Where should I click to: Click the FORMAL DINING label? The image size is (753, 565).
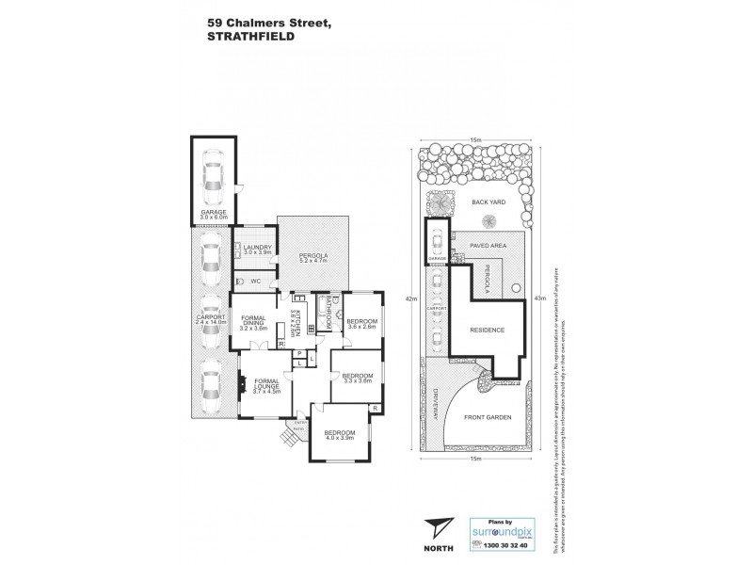[x=255, y=322]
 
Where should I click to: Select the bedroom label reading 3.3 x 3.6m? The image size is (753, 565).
[x=359, y=379]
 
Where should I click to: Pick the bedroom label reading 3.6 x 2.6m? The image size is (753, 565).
[x=361, y=324]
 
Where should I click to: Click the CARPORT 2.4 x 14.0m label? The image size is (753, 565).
[x=211, y=320]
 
